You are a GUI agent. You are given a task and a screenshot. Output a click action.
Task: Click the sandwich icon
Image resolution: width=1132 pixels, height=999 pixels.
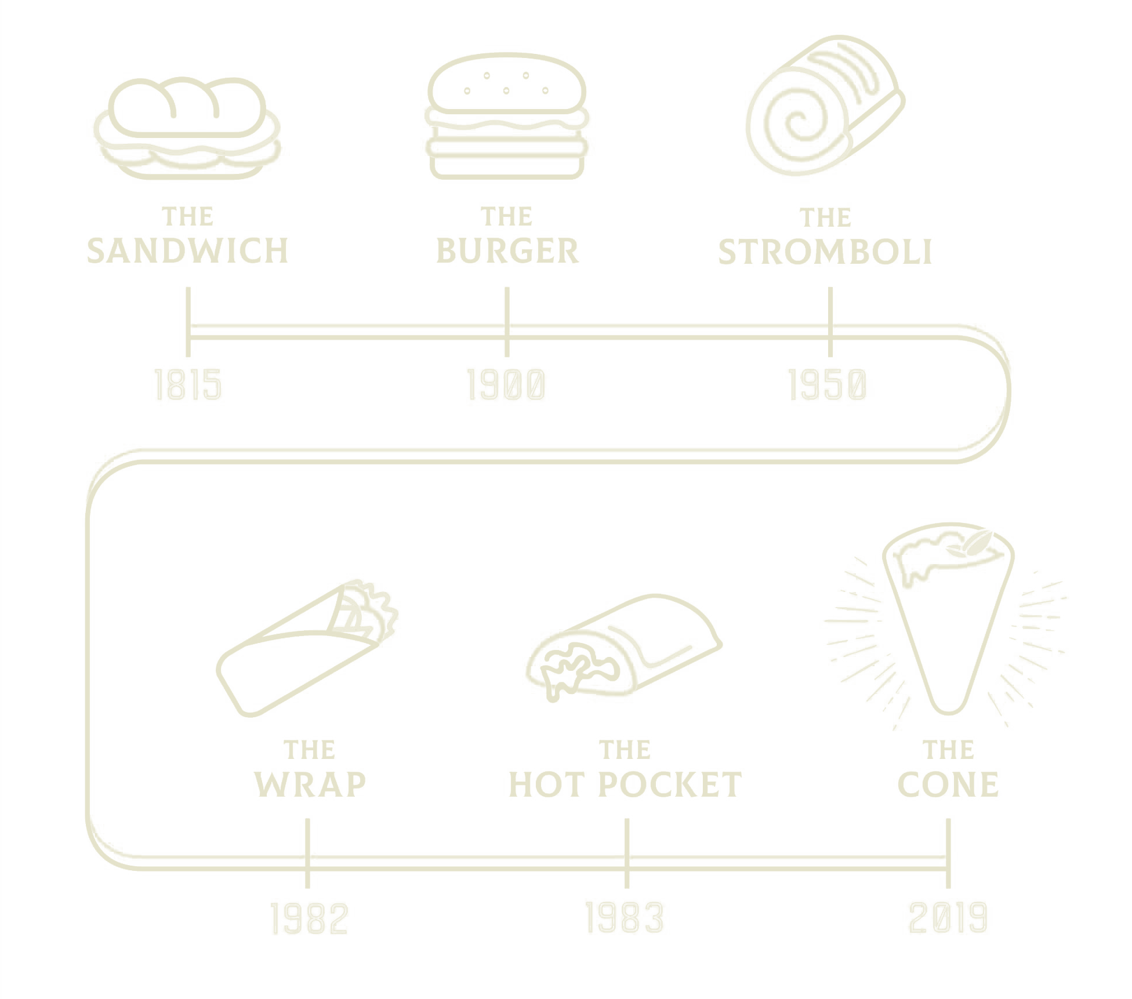point(187,128)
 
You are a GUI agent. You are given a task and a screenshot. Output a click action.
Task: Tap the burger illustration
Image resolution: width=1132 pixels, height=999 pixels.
point(507,116)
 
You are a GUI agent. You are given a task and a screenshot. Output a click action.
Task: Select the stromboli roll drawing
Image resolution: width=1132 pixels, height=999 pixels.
point(825,105)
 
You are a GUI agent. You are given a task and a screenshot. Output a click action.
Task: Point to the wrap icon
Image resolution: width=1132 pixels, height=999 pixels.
point(307,648)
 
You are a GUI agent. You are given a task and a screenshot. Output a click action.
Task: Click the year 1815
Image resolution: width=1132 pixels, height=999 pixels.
point(188,385)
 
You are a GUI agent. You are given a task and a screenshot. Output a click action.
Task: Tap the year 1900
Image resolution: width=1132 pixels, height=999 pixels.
point(506,385)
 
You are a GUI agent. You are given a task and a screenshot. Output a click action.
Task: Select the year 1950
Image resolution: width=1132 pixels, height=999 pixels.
point(828,385)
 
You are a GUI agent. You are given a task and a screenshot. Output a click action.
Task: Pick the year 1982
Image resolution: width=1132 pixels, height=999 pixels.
point(309,918)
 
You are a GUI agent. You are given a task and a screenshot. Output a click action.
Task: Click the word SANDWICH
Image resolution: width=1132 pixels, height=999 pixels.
point(187,251)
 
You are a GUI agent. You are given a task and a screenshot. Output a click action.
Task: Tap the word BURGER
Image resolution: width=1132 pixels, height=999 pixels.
point(507,251)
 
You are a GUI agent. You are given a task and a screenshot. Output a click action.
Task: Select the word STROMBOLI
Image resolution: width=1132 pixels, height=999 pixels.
point(825,252)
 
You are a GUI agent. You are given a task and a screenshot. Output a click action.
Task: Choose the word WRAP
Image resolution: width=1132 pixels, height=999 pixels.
point(310,784)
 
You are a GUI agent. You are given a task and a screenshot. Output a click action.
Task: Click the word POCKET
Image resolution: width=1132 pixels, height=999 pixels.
point(669,784)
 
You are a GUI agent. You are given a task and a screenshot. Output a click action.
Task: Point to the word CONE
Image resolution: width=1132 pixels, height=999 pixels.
point(948,784)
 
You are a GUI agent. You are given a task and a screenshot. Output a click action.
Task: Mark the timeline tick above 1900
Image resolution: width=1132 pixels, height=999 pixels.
point(507,322)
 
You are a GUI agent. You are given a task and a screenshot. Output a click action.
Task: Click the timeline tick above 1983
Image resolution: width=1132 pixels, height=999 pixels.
point(627,853)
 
